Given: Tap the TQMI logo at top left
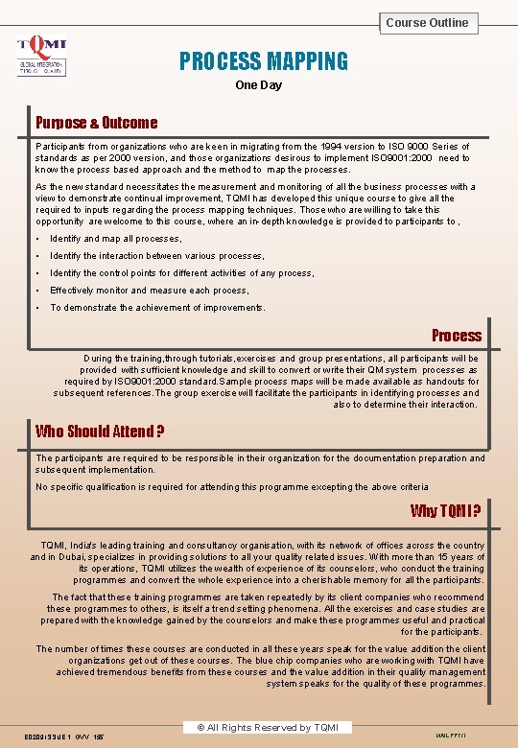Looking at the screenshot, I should tap(42, 56).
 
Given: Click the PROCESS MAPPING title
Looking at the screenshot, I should tap(264, 62).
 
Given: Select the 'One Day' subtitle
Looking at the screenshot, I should tap(259, 85).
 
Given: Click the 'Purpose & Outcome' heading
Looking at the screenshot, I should tap(96, 123).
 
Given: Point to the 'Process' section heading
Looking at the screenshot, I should tap(457, 336).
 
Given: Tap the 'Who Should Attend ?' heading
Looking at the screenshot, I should tap(100, 432).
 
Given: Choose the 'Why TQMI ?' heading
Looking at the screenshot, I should tap(446, 510).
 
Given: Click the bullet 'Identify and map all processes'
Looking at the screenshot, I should tap(116, 239).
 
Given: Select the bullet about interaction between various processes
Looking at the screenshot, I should tap(157, 256).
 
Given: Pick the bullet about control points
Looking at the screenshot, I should tap(181, 273).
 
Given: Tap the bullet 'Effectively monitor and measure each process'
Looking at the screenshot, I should tap(150, 291).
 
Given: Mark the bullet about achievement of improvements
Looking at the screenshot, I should tap(158, 308).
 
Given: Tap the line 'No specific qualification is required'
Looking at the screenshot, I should tap(231, 487).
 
